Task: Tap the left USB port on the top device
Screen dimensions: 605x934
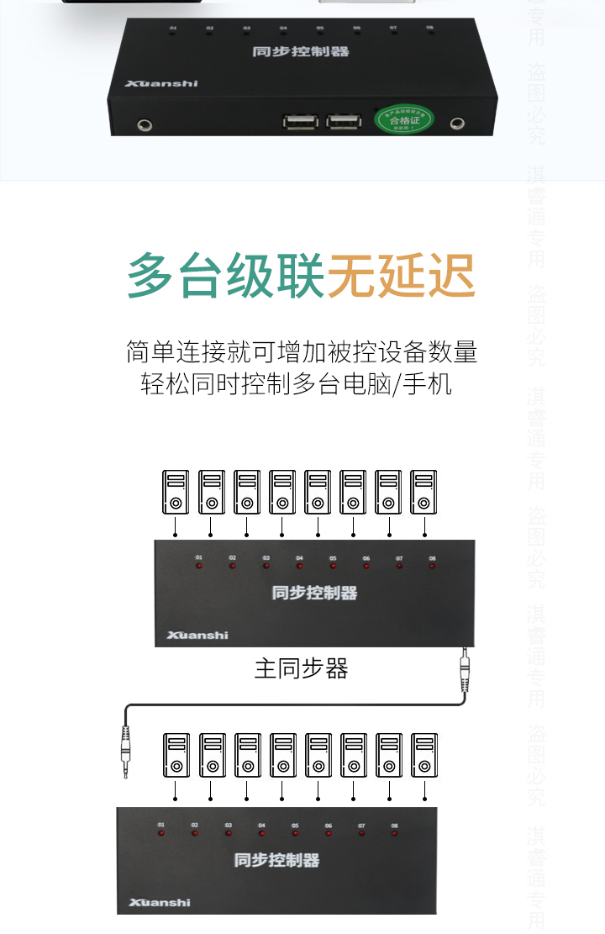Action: point(300,122)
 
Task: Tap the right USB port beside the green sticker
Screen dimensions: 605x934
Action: point(341,122)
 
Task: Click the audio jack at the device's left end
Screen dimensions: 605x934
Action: point(145,126)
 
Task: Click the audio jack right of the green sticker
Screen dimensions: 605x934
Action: point(457,124)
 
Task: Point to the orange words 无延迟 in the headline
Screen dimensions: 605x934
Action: point(401,276)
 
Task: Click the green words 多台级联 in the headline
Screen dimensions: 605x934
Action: point(225,276)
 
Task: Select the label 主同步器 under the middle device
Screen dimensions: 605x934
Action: point(301,668)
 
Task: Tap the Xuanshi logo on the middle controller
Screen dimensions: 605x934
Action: point(197,635)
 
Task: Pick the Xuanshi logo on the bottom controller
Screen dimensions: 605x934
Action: point(160,902)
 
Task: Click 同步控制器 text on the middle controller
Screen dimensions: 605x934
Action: point(314,593)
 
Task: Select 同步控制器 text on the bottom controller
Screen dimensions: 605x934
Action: point(276,860)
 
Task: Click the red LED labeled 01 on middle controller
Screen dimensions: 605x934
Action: point(199,566)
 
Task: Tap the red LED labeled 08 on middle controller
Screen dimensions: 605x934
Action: point(432,566)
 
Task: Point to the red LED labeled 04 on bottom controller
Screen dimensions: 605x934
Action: point(261,833)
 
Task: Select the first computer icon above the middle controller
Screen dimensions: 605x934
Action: point(176,493)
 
